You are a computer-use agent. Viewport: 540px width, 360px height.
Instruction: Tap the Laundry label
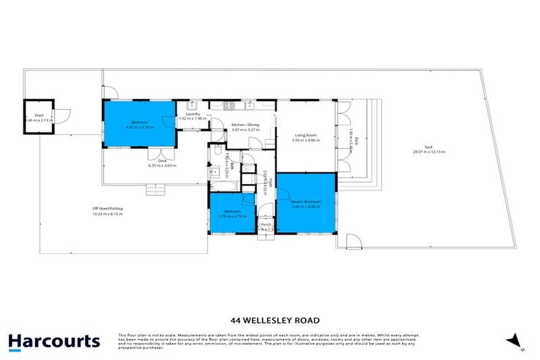click(x=193, y=114)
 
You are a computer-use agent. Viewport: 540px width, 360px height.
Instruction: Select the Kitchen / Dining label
click(x=245, y=125)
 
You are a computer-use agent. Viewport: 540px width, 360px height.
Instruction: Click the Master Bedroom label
click(x=306, y=202)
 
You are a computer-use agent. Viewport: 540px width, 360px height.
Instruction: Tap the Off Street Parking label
click(x=105, y=209)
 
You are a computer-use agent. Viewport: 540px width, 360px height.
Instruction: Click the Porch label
click(x=266, y=224)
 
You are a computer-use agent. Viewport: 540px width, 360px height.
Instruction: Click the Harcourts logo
click(x=54, y=342)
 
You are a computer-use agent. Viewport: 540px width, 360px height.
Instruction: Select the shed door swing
click(x=62, y=115)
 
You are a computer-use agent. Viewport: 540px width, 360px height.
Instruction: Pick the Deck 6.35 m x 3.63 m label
click(x=162, y=163)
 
